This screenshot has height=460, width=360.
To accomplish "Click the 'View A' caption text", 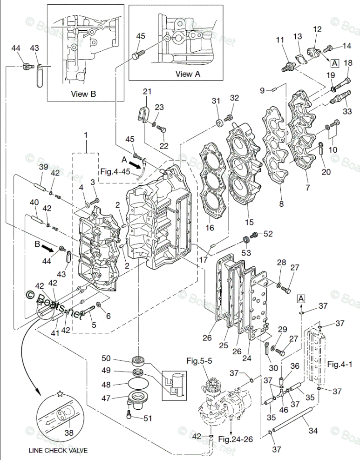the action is click(188, 74).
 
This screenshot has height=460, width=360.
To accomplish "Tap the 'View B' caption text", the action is click(83, 94).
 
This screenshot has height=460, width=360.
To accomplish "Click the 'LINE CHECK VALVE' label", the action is click(58, 450).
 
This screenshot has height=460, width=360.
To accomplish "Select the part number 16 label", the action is click(210, 227).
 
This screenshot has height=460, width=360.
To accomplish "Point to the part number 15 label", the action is click(249, 222).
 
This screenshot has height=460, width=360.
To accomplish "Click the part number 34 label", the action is click(313, 431).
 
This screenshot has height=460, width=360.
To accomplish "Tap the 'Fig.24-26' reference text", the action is click(236, 439).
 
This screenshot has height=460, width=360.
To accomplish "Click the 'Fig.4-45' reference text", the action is click(115, 171).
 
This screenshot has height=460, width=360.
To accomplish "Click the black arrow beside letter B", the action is click(48, 249).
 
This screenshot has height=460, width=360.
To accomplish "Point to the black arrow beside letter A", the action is click(135, 165).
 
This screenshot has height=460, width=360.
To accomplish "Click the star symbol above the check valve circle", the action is click(60, 393).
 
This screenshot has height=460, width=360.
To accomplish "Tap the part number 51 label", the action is click(148, 418).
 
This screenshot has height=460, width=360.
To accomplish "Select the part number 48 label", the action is click(106, 384).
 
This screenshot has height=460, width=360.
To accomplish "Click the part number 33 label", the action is click(347, 111).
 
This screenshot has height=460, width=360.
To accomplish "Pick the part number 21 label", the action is click(147, 91).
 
